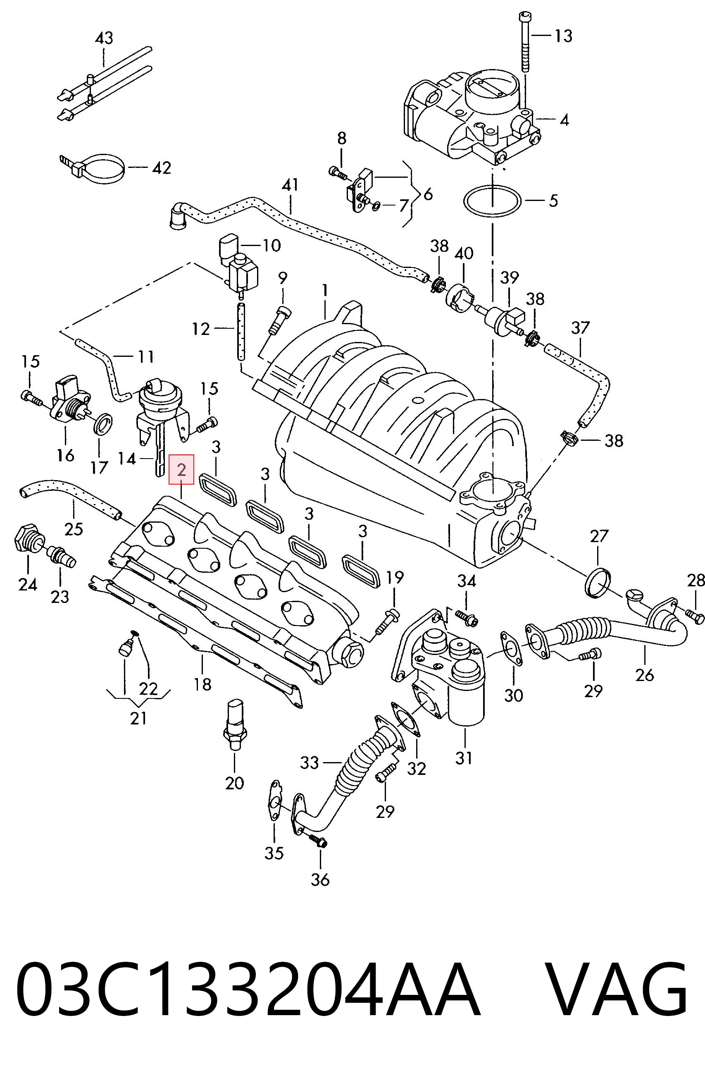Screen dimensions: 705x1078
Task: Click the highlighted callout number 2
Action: tap(181, 470)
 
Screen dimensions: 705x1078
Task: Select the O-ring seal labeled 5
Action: tap(492, 201)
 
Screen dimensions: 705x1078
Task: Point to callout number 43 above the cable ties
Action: tap(104, 38)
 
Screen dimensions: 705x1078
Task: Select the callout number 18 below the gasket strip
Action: tap(202, 684)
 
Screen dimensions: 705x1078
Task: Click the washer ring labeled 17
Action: tap(103, 423)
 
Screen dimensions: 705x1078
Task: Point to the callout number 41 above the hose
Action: tap(290, 185)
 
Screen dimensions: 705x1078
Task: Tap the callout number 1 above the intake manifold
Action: tap(325, 290)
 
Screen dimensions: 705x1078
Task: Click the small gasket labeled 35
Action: tap(274, 806)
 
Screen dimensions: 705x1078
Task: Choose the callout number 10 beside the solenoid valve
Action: tap(272, 245)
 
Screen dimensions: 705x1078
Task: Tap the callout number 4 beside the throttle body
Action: tap(564, 120)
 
